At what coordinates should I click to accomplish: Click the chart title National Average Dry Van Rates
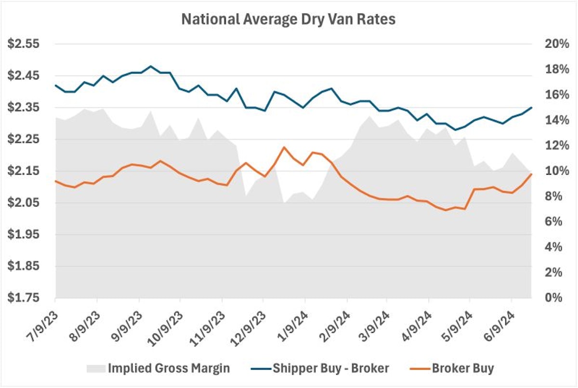pyautogui.click(x=289, y=19)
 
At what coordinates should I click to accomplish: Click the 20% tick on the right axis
pyautogui.click(x=553, y=44)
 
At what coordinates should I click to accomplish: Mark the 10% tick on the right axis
pyautogui.click(x=553, y=171)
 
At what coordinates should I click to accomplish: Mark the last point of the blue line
pyautogui.click(x=531, y=107)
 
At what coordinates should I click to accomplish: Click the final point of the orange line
pyautogui.click(x=531, y=174)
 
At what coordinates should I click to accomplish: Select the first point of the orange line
pyautogui.click(x=56, y=181)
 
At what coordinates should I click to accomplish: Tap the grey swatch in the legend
pyautogui.click(x=95, y=369)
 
